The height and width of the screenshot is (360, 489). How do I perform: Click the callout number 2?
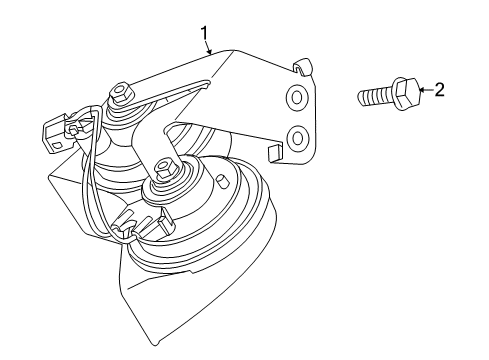coord(438,90)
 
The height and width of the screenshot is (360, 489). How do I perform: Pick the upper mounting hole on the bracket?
coord(297,96)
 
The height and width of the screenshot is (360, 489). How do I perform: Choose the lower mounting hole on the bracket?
coord(296,135)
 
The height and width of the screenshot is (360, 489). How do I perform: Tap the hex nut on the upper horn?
coord(122,94)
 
